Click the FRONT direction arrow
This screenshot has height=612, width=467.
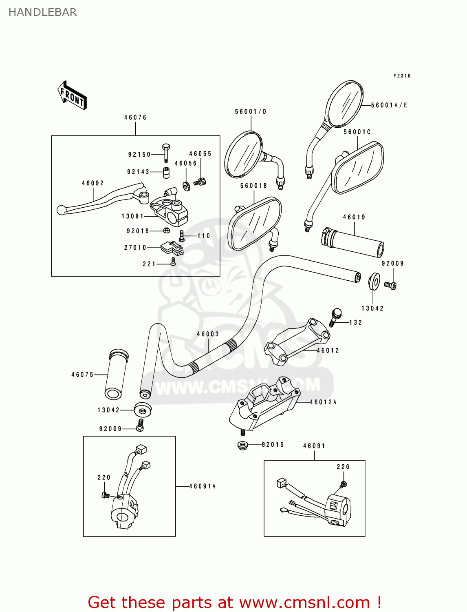point(72,95)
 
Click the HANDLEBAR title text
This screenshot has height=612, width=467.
point(42,12)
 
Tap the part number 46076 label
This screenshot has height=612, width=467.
point(135,118)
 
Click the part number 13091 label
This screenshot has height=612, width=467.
point(132,216)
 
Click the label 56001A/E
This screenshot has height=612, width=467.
point(389,105)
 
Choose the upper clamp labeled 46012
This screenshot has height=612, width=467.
point(297,341)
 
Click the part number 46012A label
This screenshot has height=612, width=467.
point(323,402)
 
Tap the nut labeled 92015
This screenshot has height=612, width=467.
point(243,445)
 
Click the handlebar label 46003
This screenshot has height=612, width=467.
point(208,334)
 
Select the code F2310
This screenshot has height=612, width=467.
point(402,76)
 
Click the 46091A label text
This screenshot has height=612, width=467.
point(202,486)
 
